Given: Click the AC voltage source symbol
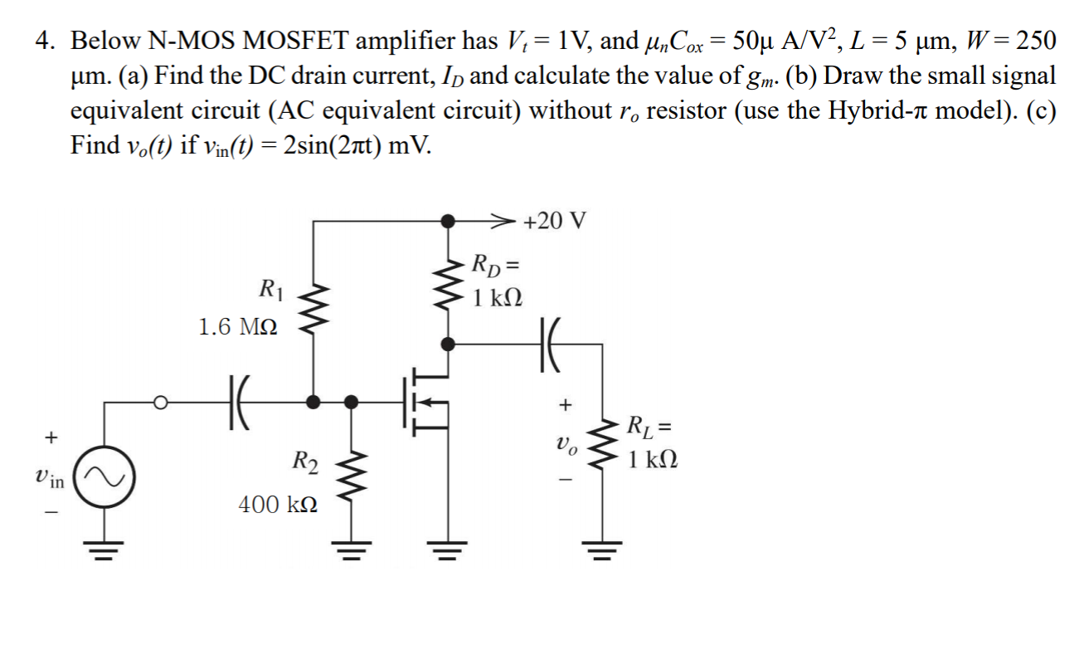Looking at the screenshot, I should click(x=105, y=478).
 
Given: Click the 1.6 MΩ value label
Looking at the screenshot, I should click(x=239, y=327).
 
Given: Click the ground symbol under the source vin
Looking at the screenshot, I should click(x=105, y=547).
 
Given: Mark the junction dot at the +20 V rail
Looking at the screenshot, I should click(x=448, y=222).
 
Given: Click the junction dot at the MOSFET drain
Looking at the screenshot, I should click(x=448, y=341).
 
